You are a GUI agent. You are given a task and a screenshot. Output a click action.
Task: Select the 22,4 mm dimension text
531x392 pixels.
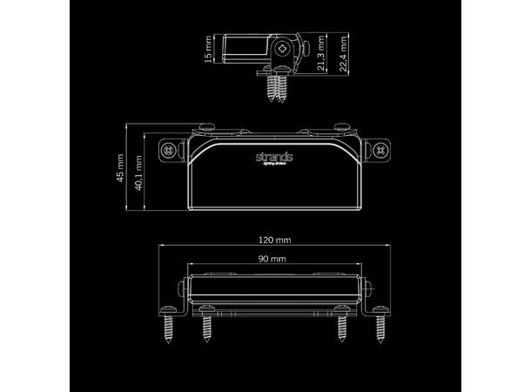pos(346,55)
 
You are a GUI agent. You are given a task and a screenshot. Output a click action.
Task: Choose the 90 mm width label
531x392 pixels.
pos(272,260)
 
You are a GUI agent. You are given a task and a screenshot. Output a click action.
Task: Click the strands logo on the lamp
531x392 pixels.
pos(274,157)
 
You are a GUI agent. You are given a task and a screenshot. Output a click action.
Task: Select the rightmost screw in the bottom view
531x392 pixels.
pos(381,328)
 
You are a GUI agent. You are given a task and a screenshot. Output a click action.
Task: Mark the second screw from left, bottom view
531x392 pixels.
pos(207,328)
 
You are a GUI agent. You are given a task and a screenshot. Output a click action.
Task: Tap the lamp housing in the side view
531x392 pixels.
pos(248,51)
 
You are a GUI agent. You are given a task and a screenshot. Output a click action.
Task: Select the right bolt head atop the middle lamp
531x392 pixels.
pos(342,129)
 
